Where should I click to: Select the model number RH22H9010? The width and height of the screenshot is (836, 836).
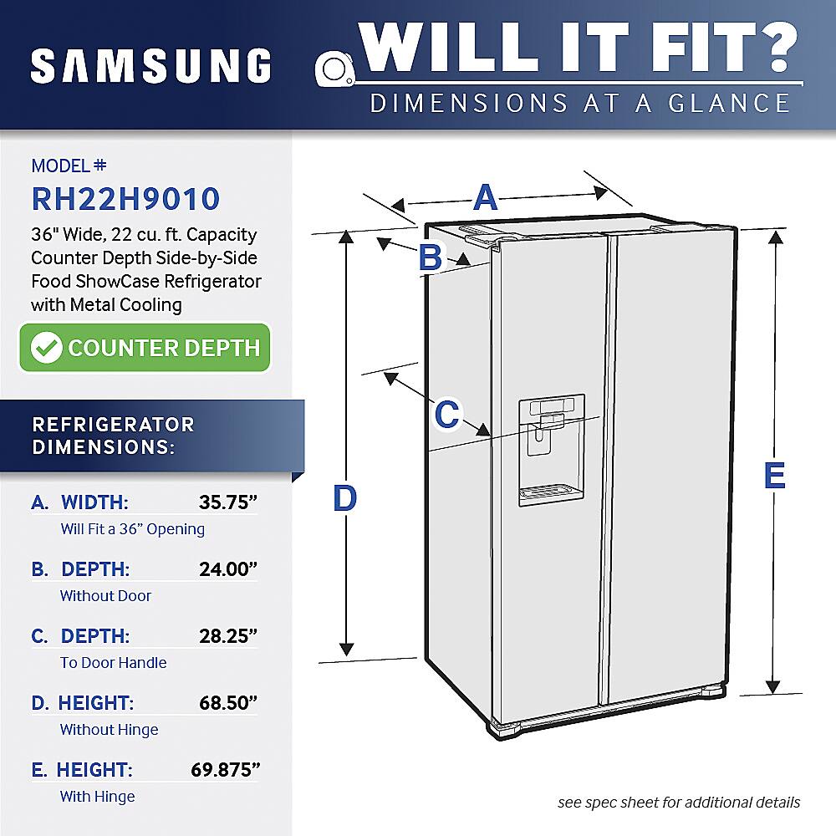pos(125,199)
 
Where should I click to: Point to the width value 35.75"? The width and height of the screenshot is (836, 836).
pos(227,502)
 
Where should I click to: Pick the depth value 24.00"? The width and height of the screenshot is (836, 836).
pos(227,569)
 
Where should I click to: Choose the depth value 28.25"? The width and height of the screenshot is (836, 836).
pos(227,636)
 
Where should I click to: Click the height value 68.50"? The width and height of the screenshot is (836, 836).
pos(227,703)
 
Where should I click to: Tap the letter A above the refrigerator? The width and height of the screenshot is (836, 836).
pos(486,199)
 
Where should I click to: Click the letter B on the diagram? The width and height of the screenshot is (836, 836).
pos(430,257)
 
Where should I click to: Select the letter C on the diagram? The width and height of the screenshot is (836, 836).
pos(447,413)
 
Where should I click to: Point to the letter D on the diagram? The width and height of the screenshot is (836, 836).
pos(344,499)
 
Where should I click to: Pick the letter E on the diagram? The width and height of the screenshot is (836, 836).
pos(775,477)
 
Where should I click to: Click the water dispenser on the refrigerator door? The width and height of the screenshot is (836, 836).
pos(551,451)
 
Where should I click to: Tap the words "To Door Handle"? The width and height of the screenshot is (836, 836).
pos(113,663)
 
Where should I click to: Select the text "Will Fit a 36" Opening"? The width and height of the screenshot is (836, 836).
pos(132,529)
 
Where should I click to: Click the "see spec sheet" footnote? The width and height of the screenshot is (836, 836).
pos(679,803)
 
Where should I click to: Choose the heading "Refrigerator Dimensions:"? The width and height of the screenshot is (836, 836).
pos(113,435)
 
